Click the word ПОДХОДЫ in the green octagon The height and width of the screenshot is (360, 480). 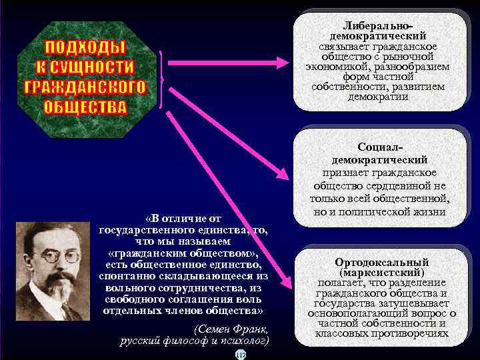coord(85,48)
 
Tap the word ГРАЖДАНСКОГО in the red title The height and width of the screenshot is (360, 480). coord(85,87)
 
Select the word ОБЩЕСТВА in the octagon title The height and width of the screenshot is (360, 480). coord(85,107)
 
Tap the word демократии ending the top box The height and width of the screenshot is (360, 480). coord(378,96)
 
